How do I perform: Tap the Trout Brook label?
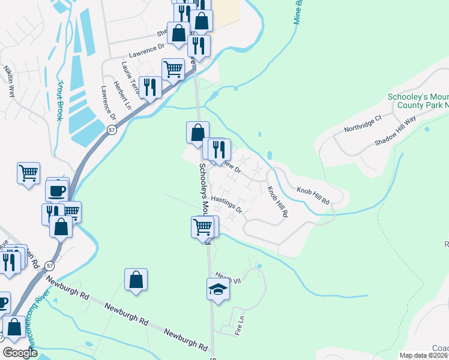[59, 101]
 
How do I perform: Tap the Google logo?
[20, 352]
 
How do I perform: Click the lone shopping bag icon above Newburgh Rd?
[136, 280]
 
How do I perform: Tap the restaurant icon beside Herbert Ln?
[149, 88]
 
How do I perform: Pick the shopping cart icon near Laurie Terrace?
[173, 69]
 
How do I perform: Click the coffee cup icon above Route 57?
[57, 191]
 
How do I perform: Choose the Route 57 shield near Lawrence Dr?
[112, 130]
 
